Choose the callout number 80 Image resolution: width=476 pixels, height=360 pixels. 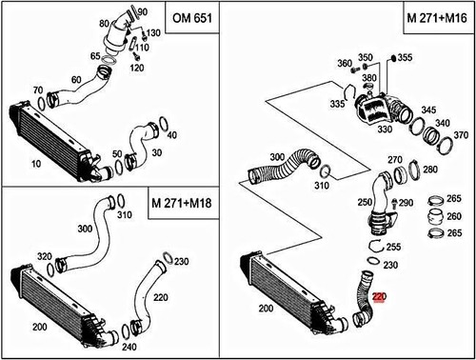104,21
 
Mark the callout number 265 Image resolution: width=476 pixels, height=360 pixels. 454,198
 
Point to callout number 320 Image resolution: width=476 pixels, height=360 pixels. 44,257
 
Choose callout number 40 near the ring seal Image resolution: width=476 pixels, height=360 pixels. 171,135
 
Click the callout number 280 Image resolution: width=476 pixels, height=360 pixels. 429,170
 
